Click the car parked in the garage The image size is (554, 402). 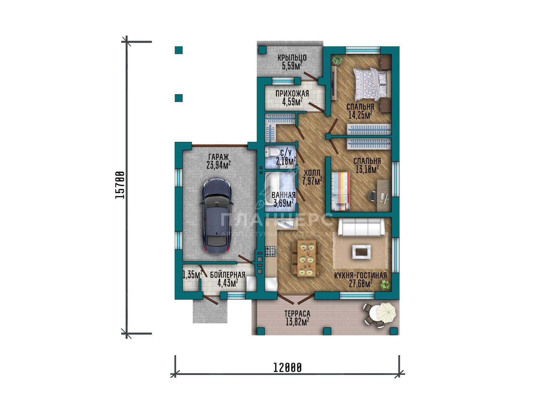click(217, 215)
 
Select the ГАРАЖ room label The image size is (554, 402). click(218, 157)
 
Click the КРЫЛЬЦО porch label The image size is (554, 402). click(292, 57)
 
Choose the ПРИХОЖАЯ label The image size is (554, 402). click(293, 93)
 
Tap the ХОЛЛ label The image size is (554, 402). click(312, 173)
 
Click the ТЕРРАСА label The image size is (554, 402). click(297, 313)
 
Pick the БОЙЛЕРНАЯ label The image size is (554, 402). click(228, 275)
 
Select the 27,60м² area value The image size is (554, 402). click(360, 283)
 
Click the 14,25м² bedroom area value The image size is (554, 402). click(360, 115)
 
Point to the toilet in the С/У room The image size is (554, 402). click(270, 152)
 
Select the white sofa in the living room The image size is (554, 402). click(361, 227)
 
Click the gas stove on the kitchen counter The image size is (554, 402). click(271, 251)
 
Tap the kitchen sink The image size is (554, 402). click(285, 224)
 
